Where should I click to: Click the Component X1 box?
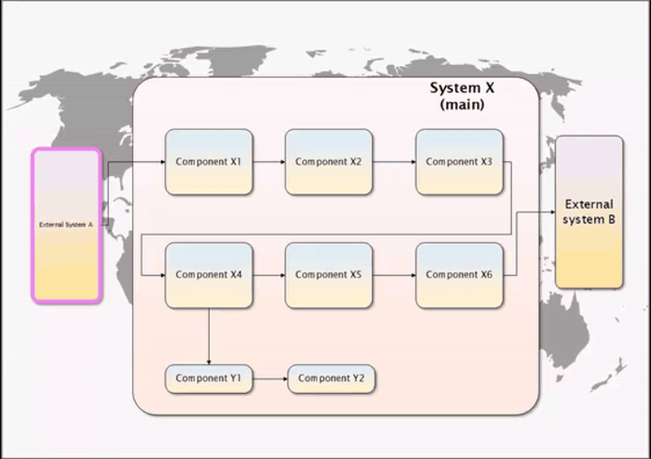208,162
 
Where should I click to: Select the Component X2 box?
328,162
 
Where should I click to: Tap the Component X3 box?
459,162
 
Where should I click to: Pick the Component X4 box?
208,275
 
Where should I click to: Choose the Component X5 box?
328,275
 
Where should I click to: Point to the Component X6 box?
459,275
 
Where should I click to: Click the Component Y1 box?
209,378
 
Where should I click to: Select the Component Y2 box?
331,378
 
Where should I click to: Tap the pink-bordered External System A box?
67,225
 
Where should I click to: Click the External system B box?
589,212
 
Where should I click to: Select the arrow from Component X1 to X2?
268,162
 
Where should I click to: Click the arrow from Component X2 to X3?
394,162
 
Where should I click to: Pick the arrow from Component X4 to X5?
268,275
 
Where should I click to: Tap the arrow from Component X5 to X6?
394,275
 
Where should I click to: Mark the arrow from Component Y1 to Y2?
271,378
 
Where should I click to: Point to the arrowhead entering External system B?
551,212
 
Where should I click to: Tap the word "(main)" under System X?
461,105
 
